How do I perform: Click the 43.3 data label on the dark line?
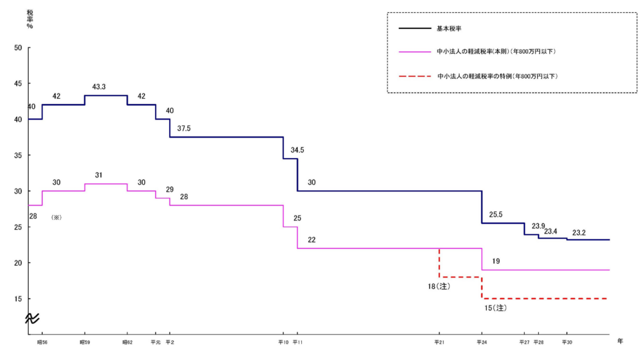tap(99, 87)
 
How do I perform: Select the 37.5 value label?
tap(184, 128)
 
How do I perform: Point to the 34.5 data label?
tap(297, 150)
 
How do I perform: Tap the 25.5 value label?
tap(496, 214)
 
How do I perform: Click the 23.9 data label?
tap(539, 226)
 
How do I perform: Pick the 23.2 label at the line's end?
tap(579, 232)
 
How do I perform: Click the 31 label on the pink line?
tap(99, 175)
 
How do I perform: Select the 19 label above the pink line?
tap(496, 261)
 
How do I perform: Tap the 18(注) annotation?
tap(439, 286)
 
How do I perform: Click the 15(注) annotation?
tap(495, 308)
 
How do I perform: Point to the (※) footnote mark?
tap(56, 217)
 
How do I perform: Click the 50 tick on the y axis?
tap(18, 47)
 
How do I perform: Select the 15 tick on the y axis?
tap(18, 299)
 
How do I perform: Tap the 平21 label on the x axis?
tap(439, 343)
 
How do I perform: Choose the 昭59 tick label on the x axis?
tap(85, 343)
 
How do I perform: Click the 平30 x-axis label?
tap(567, 343)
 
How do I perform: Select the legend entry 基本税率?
tap(449, 28)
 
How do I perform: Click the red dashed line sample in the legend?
tap(415, 76)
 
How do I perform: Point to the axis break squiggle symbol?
tap(32, 318)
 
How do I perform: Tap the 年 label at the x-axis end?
tap(620, 341)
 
